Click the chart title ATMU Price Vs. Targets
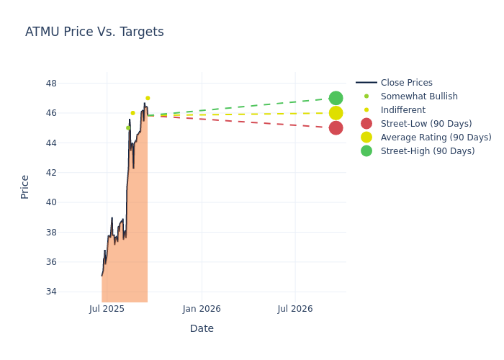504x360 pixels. [94, 32]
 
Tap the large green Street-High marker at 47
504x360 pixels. [336, 98]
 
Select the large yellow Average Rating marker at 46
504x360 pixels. [336, 113]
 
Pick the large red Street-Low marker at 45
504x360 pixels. [336, 127]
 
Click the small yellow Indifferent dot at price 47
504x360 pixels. [148, 98]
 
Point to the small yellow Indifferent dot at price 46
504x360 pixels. [132, 113]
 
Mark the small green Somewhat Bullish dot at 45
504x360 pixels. [128, 127]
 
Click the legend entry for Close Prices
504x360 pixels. [406, 83]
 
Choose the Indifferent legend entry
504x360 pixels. [402, 110]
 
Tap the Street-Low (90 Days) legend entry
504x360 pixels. [426, 124]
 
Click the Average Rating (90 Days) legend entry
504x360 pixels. [436, 138]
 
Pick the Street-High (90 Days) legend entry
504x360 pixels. [427, 151]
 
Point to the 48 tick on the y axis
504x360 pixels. [51, 83]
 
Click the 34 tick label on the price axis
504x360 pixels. [51, 292]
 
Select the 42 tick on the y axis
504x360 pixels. [51, 173]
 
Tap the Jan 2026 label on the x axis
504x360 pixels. [202, 309]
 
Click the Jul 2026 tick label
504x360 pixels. [295, 309]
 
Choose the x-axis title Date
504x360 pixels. [202, 329]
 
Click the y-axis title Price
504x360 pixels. [25, 186]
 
